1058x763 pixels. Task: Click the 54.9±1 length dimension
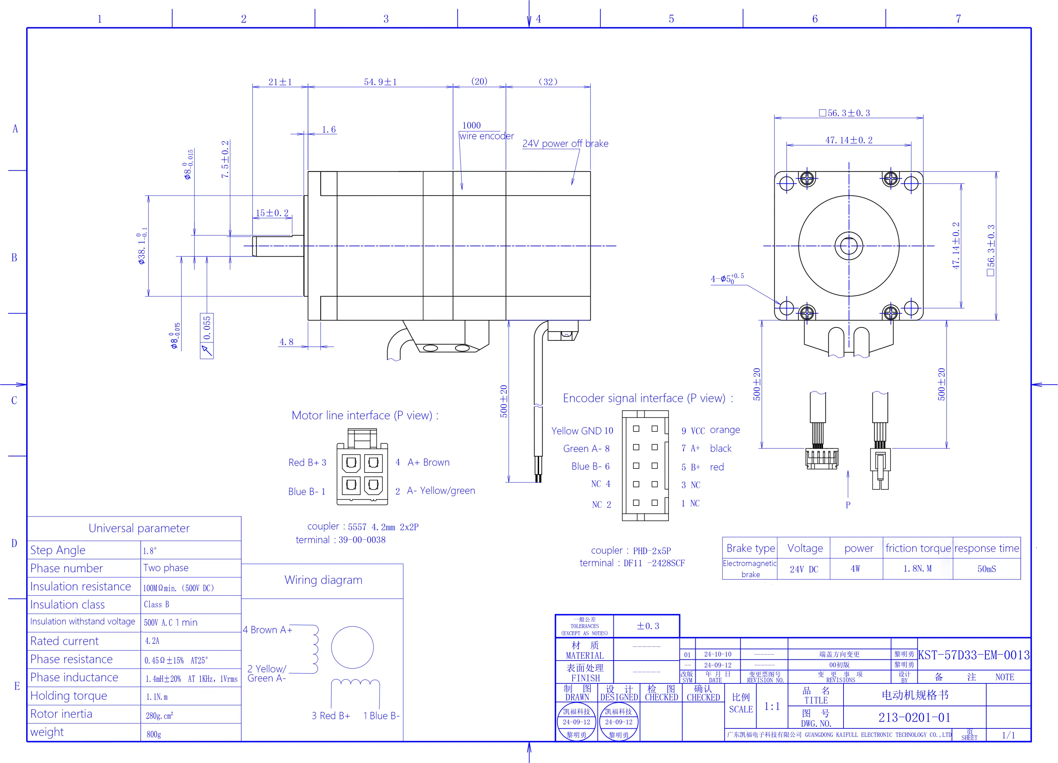380,82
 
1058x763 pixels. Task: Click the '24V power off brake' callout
565,143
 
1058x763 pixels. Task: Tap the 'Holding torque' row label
68,695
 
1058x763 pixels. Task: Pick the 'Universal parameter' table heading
139,528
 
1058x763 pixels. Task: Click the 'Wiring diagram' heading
323,580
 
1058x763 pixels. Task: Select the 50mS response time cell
987,569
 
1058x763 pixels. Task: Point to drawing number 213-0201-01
914,717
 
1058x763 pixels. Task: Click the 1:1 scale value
772,707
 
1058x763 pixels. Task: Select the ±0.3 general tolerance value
648,626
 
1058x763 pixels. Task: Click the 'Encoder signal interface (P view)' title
648,398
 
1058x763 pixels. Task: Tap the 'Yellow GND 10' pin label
582,431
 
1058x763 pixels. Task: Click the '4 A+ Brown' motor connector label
423,462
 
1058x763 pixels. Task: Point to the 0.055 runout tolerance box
207,335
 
